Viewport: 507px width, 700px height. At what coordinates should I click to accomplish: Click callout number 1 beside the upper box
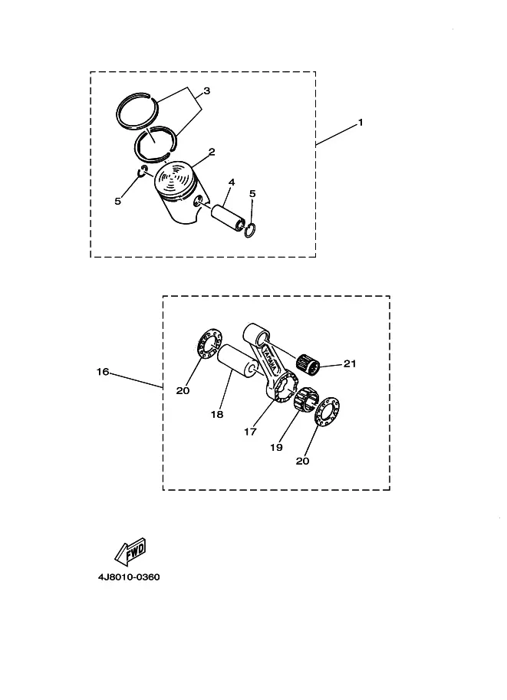pos(360,123)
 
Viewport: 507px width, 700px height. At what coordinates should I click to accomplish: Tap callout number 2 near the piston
pos(212,152)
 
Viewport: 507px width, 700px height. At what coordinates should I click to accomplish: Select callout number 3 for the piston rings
pos(207,91)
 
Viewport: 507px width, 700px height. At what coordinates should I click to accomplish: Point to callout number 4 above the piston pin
pos(232,182)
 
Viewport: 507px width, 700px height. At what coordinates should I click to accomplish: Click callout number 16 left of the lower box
pos(103,371)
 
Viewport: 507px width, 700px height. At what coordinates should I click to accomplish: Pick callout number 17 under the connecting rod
pos(250,432)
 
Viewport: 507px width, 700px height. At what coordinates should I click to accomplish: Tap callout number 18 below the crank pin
pos(217,415)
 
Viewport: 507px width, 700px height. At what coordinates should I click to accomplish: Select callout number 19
pos(276,447)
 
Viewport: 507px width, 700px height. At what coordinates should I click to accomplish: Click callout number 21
pos(350,364)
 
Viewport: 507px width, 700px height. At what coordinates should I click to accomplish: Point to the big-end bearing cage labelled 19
pos(306,398)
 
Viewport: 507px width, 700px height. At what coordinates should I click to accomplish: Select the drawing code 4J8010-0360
pos(129,577)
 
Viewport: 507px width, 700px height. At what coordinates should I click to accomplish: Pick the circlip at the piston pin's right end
pos(251,230)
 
